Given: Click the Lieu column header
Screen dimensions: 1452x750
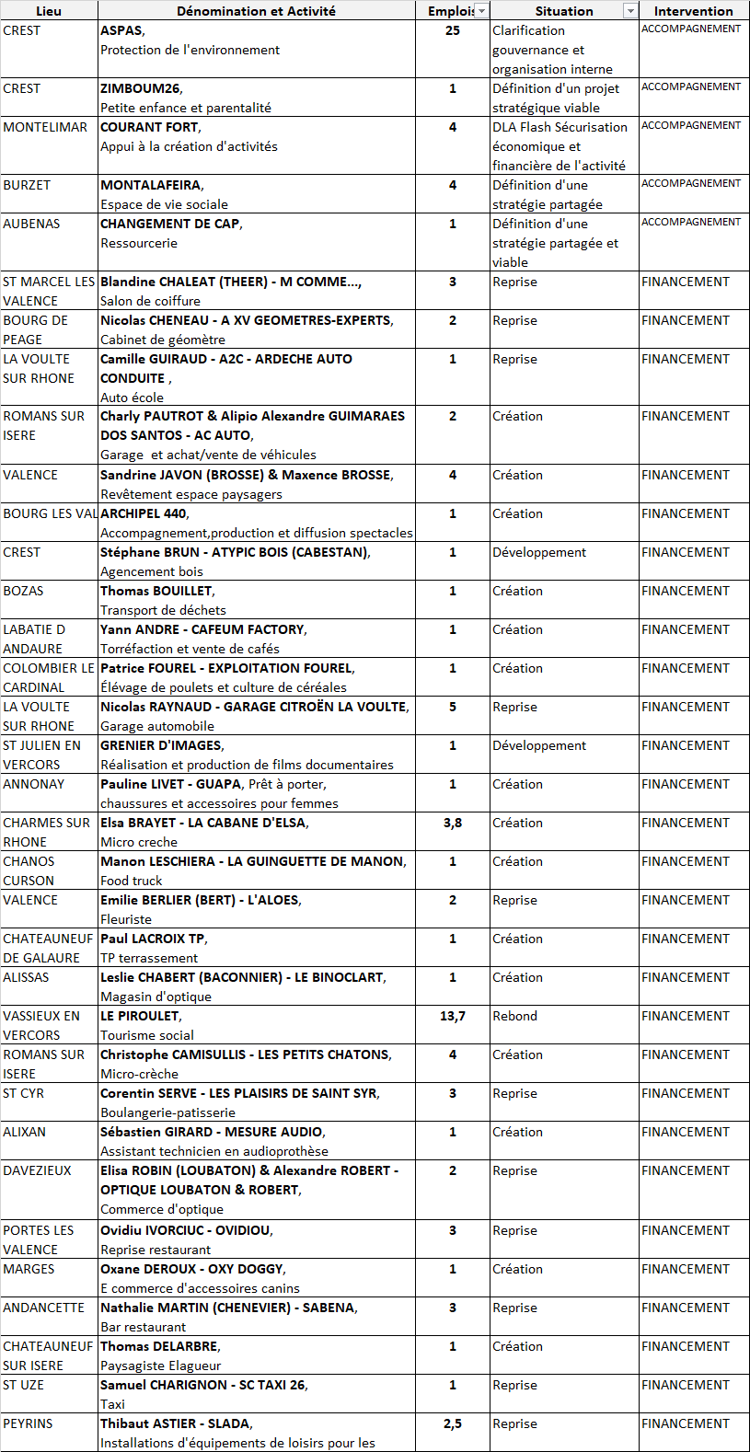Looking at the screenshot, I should click(x=49, y=11).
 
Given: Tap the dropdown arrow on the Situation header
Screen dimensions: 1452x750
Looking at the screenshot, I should click(x=630, y=11).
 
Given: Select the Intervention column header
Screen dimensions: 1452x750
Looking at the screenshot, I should click(x=694, y=11).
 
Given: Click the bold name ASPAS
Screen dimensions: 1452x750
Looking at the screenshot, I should click(x=121, y=30).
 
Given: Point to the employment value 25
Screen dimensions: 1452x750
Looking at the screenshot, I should click(x=453, y=30).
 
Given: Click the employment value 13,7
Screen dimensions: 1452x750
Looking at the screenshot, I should click(x=453, y=1016).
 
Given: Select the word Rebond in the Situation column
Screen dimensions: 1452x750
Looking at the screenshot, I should click(x=514, y=1016).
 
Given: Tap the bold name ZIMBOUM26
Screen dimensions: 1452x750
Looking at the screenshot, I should click(x=141, y=88).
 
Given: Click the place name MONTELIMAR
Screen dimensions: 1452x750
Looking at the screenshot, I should click(x=45, y=127).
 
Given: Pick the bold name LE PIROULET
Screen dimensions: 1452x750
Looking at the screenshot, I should click(x=140, y=1016).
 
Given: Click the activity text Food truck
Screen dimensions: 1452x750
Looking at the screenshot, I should click(x=131, y=881).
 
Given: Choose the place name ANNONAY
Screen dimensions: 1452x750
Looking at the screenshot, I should click(x=34, y=784).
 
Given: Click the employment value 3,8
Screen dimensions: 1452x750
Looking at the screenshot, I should click(x=453, y=823).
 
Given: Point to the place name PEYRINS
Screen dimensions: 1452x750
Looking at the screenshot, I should click(x=29, y=1423).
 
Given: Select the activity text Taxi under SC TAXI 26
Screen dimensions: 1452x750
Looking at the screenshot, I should click(x=112, y=1404).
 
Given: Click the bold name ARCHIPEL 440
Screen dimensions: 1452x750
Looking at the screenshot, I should click(x=144, y=513).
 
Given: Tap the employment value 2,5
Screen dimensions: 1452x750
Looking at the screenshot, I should click(x=453, y=1423).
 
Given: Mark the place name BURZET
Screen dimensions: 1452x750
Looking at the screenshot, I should click(x=27, y=185).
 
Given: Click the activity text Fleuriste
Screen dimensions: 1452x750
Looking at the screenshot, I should click(x=126, y=919).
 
